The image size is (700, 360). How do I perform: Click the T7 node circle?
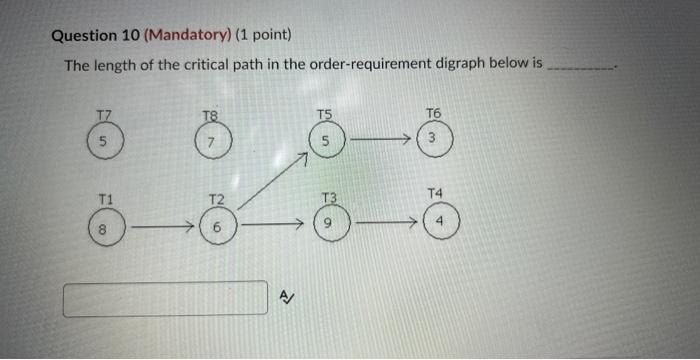105,142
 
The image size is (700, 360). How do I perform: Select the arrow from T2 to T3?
271,226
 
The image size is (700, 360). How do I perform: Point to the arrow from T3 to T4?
383,222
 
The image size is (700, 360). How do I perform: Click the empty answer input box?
166,298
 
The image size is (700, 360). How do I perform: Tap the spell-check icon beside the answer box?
286,296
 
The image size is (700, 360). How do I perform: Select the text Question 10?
95,37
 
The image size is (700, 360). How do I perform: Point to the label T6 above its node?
432,113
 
